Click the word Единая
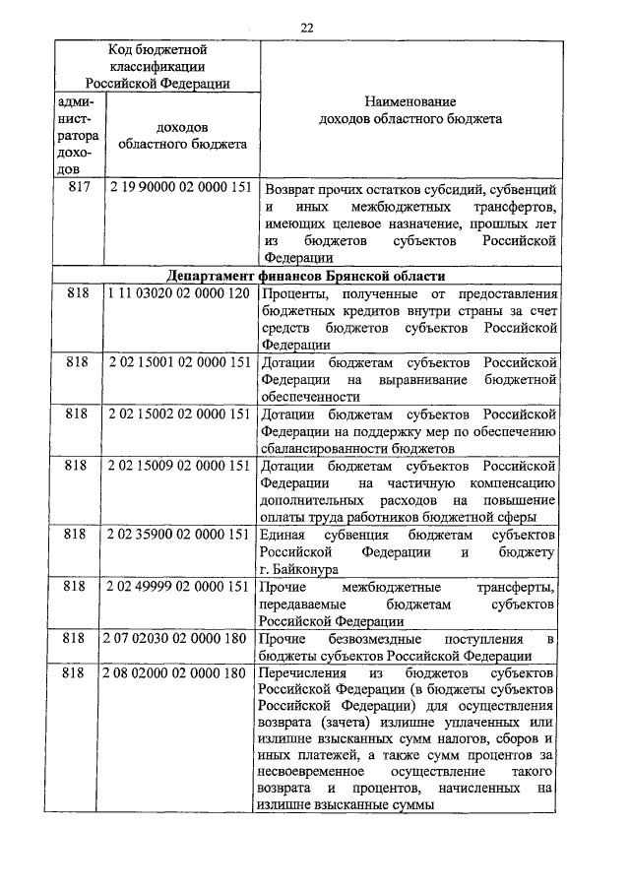(283, 534)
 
